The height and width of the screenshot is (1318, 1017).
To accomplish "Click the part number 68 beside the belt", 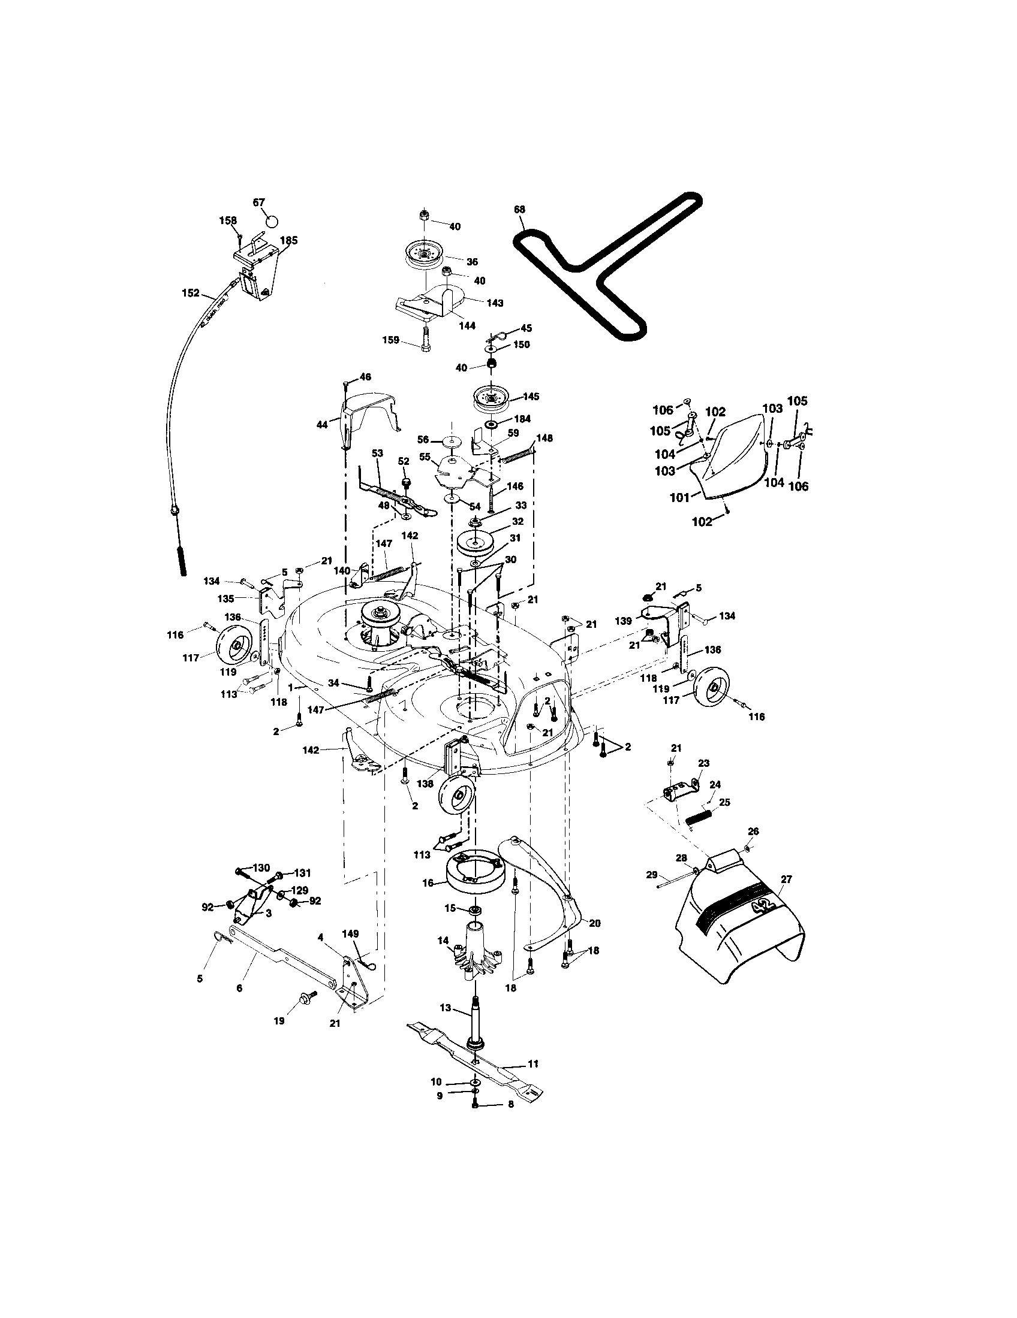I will click(519, 210).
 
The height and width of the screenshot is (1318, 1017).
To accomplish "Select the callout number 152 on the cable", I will click(190, 293).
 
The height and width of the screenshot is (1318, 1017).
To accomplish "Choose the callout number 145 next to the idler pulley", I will click(531, 397).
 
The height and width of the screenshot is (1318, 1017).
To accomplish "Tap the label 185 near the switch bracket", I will click(288, 240).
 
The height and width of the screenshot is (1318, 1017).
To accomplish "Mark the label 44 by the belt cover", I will click(322, 425).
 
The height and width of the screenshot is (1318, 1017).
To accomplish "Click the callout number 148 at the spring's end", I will click(544, 437).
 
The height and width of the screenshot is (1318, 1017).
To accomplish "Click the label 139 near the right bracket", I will click(622, 621).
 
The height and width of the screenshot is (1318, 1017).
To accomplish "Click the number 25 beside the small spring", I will click(724, 802).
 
